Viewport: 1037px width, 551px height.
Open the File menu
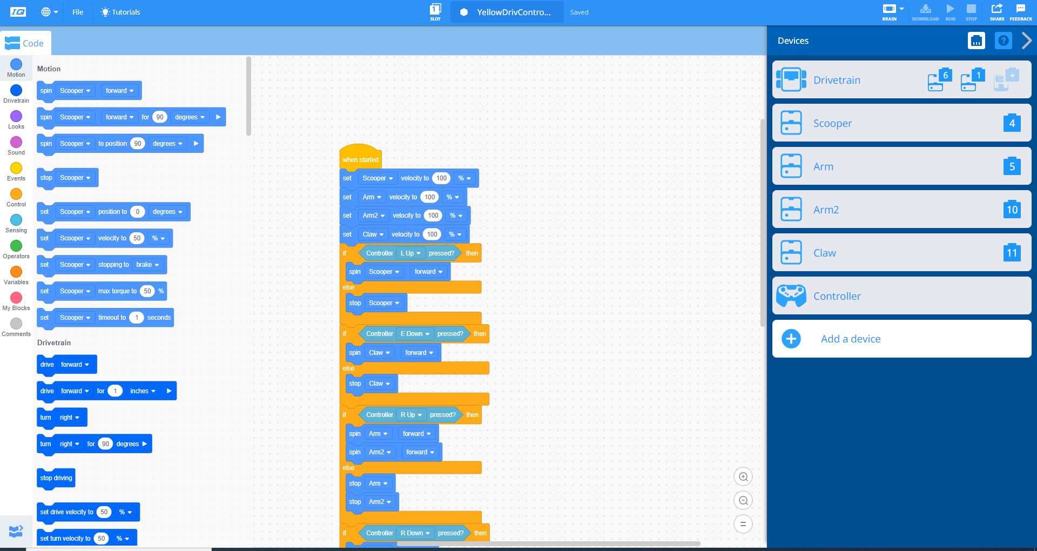tap(78, 12)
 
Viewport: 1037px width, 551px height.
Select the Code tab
tap(25, 43)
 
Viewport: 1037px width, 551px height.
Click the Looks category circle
tap(16, 116)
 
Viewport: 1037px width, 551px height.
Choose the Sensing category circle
tap(16, 220)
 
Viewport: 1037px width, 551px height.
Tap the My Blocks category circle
tap(16, 298)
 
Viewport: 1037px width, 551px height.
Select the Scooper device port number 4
tap(1012, 123)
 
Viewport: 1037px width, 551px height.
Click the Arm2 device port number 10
tap(1012, 210)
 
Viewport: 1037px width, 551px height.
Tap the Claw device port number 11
tap(1012, 253)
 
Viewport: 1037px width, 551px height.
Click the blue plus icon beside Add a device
tap(791, 339)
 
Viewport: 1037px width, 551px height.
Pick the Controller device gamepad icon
tap(791, 295)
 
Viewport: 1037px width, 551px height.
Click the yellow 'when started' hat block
tap(360, 157)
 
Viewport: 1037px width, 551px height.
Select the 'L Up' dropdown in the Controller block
tap(410, 253)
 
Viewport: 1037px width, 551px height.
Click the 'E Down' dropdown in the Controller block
tap(415, 334)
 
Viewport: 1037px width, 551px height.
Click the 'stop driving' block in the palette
tap(56, 478)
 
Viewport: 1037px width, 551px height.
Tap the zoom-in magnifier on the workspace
tap(743, 476)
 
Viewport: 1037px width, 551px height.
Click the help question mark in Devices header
tap(1003, 41)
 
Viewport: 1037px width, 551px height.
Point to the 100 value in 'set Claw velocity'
tap(432, 234)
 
